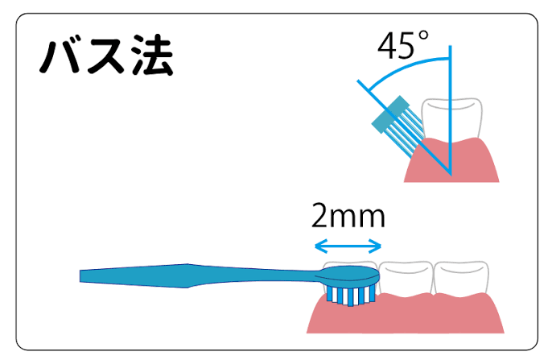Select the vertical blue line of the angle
point(451,121)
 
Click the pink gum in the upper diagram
point(475,161)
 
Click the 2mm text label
point(348,217)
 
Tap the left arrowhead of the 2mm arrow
point(317,245)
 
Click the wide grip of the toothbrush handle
point(161,275)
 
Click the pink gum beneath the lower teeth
point(435,316)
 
